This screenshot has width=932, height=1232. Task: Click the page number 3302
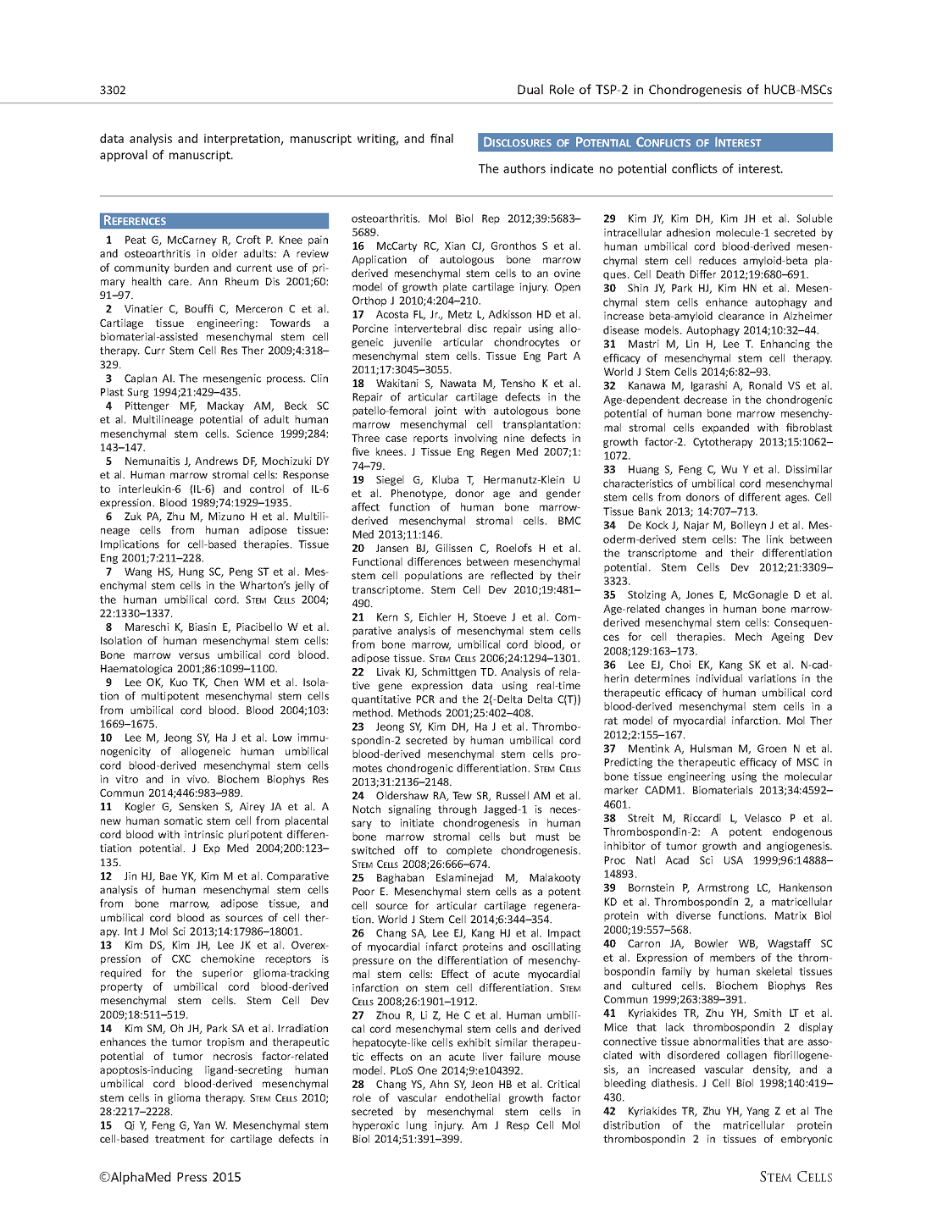click(x=113, y=90)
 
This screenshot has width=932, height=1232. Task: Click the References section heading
click(x=135, y=221)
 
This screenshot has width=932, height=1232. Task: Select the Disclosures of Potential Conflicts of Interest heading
click(x=622, y=142)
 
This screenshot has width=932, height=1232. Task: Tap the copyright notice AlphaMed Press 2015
click(x=170, y=1177)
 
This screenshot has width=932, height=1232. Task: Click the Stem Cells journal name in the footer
click(x=796, y=1177)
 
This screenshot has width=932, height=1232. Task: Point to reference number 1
click(x=109, y=240)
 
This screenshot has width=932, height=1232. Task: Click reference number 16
click(x=358, y=246)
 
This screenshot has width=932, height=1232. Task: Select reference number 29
click(x=610, y=218)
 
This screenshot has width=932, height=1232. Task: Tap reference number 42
click(x=610, y=1111)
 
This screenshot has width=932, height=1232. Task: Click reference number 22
click(x=358, y=671)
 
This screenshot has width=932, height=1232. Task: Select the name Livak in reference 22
click(x=390, y=671)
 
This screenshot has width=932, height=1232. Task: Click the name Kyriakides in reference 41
click(x=657, y=1013)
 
